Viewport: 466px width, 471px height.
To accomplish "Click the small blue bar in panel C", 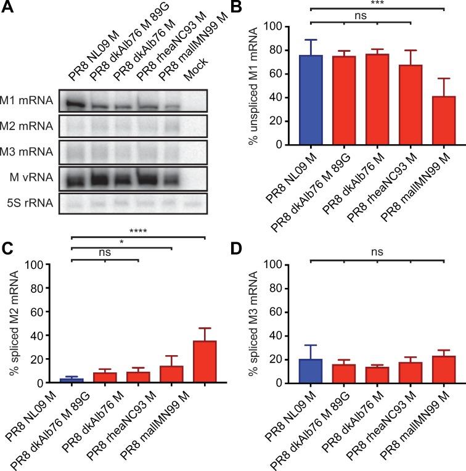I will (72, 379).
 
